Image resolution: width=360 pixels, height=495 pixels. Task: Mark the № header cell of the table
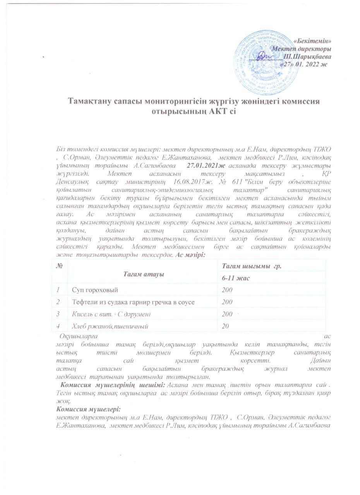[60, 266]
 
